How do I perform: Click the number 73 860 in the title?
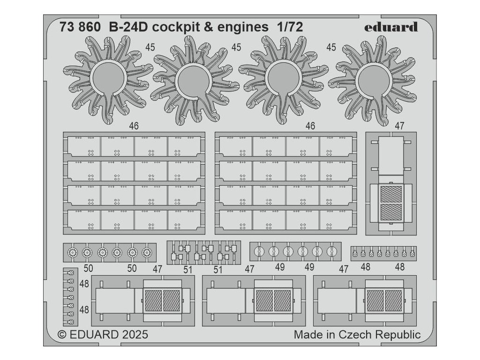click(x=80, y=27)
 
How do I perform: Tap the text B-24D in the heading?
click(x=126, y=27)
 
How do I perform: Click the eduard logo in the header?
click(x=391, y=27)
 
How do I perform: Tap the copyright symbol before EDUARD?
click(x=62, y=335)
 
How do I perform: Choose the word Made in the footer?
click(x=309, y=335)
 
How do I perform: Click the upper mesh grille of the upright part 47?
click(x=391, y=194)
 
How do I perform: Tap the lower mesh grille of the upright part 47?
click(x=391, y=212)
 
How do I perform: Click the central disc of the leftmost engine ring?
click(x=108, y=79)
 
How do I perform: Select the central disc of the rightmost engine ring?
click(x=374, y=80)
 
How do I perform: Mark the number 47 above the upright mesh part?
click(x=399, y=126)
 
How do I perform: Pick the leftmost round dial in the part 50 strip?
click(x=73, y=253)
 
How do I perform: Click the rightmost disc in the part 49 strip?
click(x=332, y=252)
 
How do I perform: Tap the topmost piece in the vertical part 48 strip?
click(x=71, y=272)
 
